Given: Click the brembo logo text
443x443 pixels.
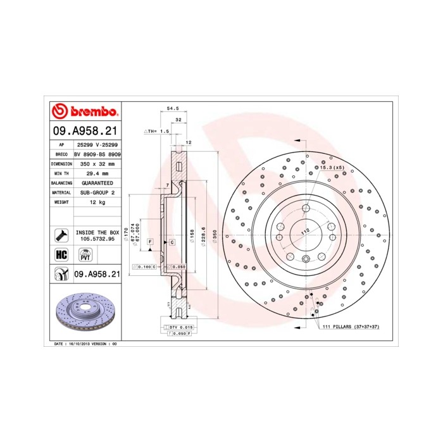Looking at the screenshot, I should pos(92,112).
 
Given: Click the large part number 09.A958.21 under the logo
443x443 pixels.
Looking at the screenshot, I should pos(84,131).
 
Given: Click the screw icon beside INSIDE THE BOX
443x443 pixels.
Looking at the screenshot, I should pos(61,235).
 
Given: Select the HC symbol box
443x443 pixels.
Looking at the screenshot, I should pos(61,255).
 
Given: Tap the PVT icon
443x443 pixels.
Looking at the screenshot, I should pos(84,255).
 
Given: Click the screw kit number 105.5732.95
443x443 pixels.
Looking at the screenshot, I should pos(97,240).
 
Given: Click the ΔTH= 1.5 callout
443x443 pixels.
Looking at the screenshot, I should pos(158,131).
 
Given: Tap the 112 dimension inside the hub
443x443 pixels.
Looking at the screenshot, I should pos(306,232).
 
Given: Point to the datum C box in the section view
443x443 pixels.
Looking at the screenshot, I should pos(172,242).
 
